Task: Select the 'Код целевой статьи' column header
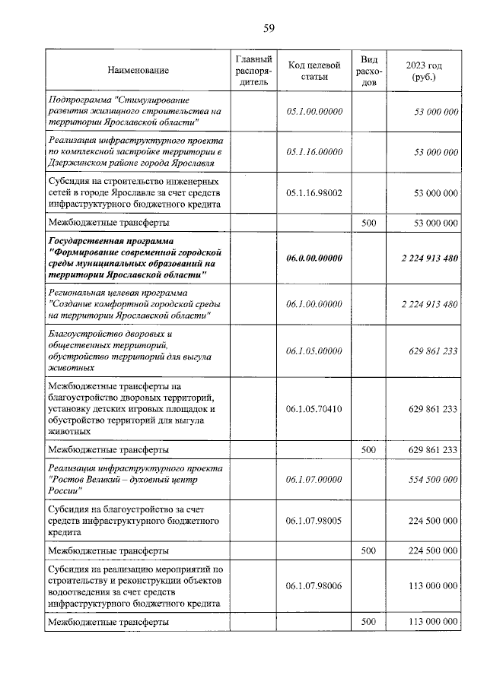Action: (x=314, y=71)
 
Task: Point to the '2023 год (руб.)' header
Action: (x=424, y=71)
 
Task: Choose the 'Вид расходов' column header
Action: (x=369, y=71)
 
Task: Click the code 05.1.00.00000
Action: (x=314, y=111)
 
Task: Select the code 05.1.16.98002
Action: (x=314, y=193)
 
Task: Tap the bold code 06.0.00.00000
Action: (x=314, y=258)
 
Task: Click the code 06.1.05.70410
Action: (x=314, y=409)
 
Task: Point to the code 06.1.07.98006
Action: (x=314, y=585)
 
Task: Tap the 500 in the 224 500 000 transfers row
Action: (x=369, y=550)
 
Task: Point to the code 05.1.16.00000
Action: (x=314, y=152)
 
